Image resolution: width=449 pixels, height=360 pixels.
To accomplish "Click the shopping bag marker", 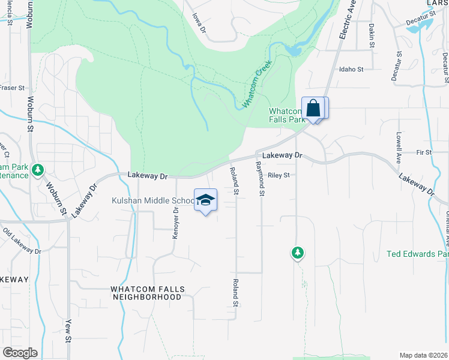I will tap(313, 109).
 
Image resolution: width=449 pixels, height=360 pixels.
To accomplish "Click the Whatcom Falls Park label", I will tap(287, 115).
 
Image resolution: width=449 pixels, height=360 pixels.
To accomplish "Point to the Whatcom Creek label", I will tap(257, 84).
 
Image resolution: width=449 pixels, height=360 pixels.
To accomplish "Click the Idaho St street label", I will tap(351, 70).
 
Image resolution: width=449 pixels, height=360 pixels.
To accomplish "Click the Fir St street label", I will tap(424, 152).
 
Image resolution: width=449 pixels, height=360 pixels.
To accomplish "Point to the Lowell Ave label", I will tap(398, 148).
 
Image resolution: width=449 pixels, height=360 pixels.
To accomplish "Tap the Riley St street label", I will tap(279, 175).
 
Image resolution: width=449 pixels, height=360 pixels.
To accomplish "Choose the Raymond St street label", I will tap(260, 178).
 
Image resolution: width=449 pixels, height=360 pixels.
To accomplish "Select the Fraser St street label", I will tap(11, 88).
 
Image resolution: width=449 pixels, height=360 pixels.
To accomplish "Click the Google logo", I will tap(19, 353).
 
